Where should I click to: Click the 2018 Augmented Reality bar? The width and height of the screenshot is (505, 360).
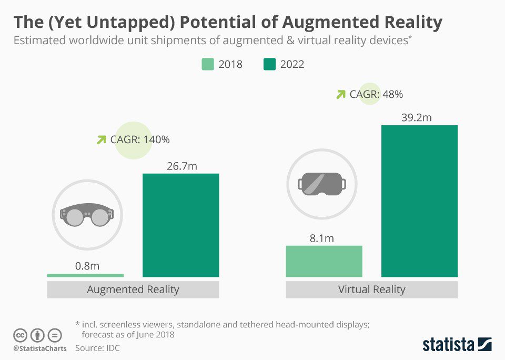click(85, 275)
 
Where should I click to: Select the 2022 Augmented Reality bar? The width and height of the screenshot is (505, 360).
click(181, 225)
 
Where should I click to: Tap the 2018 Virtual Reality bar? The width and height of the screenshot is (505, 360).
click(324, 261)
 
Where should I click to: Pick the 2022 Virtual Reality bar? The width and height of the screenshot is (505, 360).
click(419, 201)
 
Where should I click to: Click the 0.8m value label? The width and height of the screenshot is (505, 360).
click(87, 266)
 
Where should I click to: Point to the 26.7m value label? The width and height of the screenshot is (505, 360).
click(181, 166)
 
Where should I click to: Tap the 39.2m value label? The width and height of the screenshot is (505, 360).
click(416, 118)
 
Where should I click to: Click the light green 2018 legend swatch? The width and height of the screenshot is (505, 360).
click(208, 65)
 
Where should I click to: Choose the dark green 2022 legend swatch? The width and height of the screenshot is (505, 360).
click(269, 65)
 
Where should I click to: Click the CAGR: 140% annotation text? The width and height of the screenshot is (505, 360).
click(140, 140)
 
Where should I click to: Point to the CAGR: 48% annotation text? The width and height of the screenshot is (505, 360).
click(376, 95)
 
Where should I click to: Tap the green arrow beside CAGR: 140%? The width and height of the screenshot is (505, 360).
click(101, 140)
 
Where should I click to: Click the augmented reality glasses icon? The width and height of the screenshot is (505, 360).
click(87, 215)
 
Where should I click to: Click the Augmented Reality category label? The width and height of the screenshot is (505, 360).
click(133, 289)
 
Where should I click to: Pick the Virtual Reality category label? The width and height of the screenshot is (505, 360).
click(371, 289)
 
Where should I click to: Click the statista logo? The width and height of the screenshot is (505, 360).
click(457, 345)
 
